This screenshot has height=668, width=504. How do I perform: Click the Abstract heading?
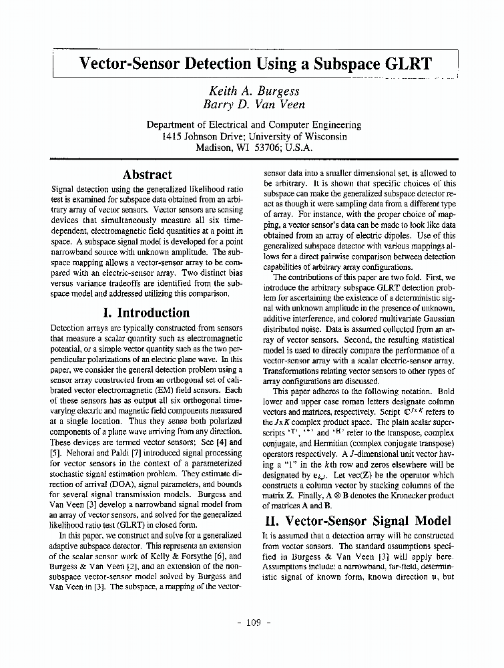(x=148, y=174)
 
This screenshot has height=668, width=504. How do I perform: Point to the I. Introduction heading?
(x=147, y=313)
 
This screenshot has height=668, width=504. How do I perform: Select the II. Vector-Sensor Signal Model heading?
(x=357, y=521)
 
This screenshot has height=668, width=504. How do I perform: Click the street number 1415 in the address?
(x=174, y=136)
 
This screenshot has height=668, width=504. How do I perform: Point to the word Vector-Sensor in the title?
(x=131, y=65)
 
